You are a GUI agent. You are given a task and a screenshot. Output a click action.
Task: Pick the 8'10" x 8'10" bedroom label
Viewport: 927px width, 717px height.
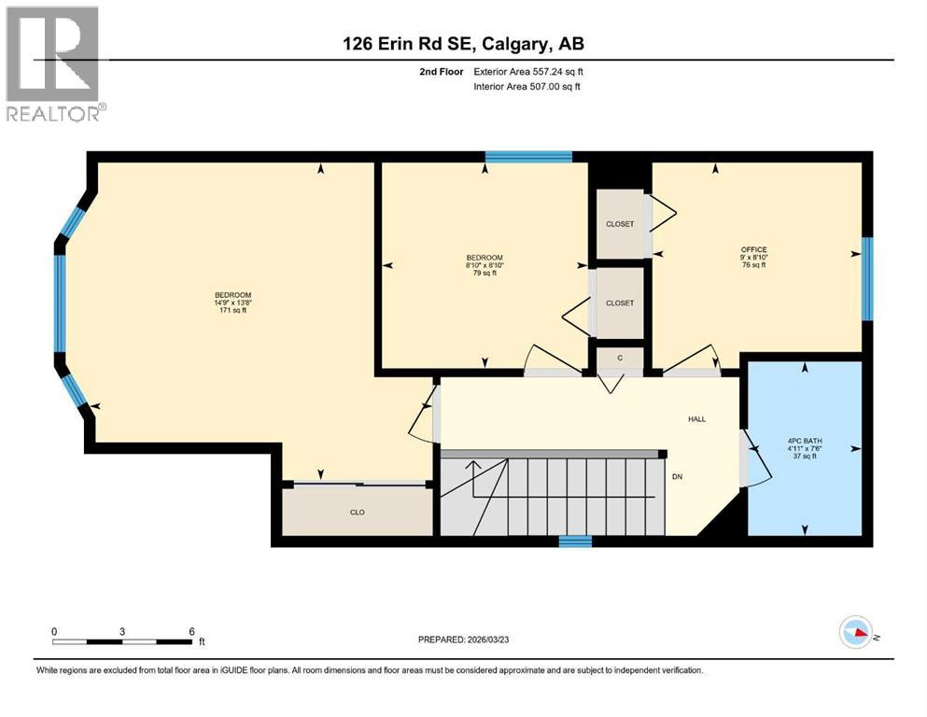485,265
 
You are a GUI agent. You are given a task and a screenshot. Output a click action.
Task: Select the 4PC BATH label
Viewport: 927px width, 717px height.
805,448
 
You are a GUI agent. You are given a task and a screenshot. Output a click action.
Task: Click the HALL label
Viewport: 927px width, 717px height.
696,419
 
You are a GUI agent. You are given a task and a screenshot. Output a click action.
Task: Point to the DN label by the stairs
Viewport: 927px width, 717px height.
679,477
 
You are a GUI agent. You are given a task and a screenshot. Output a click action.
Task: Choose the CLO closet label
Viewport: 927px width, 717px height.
357,512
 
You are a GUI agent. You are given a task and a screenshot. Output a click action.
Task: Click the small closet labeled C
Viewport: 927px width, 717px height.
620,358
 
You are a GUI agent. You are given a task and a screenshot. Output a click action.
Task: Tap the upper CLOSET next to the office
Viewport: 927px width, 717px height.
620,224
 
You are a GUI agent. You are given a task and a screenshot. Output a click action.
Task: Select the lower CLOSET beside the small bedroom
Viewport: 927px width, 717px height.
620,303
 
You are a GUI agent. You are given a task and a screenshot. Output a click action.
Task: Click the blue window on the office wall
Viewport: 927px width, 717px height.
866,278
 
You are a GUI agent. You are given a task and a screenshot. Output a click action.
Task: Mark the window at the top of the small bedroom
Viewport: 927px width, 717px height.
529,157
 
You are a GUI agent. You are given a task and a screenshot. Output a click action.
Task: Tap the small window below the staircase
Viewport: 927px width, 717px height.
575,541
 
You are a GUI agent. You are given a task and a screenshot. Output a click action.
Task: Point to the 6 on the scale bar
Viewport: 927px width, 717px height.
191,631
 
